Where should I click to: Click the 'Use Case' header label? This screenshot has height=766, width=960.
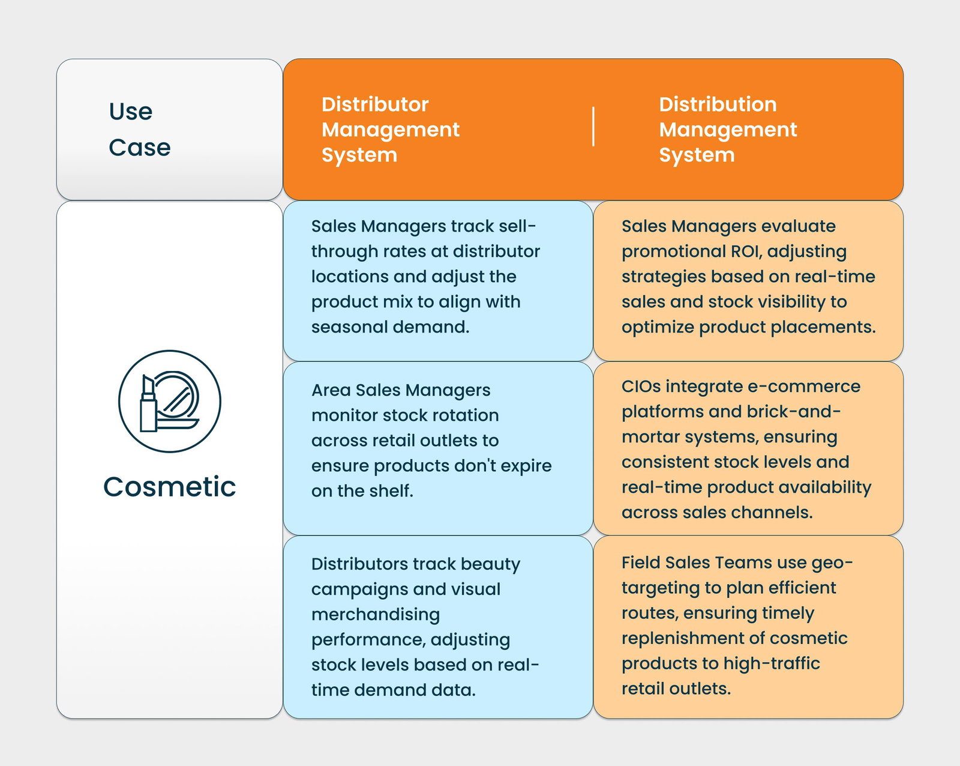pos(140,129)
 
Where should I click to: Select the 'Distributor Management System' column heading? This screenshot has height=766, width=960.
pos(390,129)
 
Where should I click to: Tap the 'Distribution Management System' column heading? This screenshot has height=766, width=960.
pos(728,129)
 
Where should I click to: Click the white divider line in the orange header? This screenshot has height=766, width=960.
pos(593,126)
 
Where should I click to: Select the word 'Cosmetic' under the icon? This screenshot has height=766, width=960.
pos(170,486)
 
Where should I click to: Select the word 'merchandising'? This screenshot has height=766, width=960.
pos(376,615)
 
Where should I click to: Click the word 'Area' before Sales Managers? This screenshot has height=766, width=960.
pos(331,390)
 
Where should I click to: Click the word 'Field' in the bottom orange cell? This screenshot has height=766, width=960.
pos(640,562)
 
